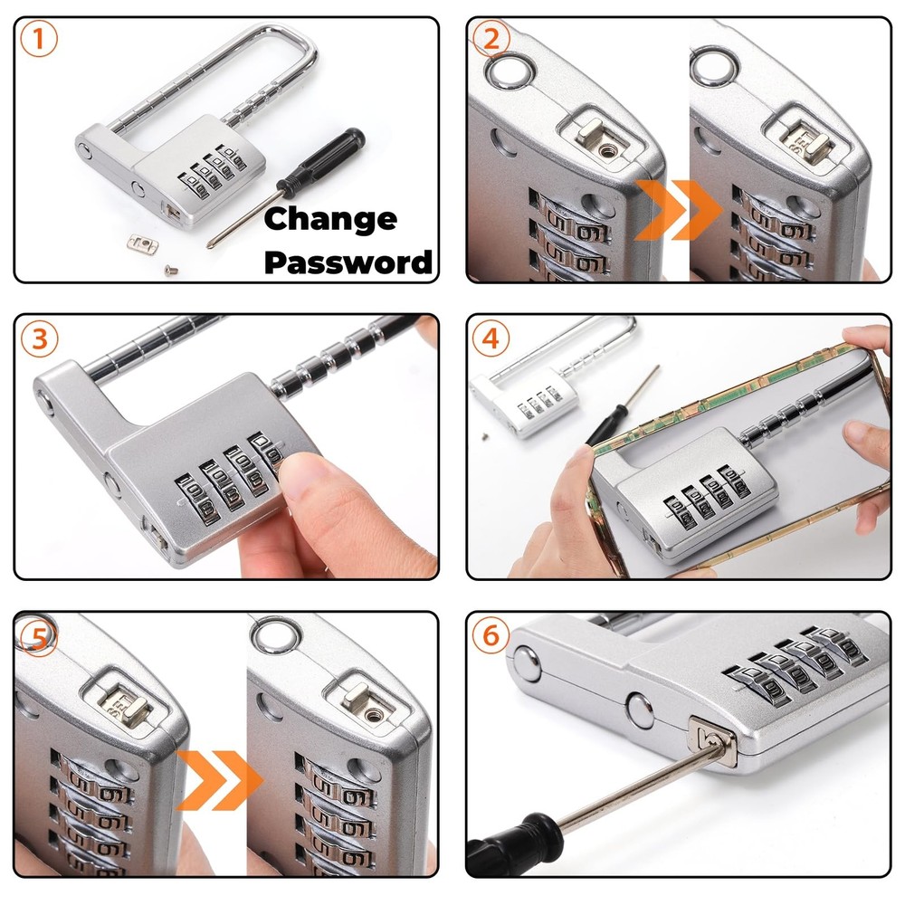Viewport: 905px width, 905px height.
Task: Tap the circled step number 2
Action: click(491, 40)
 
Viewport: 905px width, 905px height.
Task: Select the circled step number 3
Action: click(40, 338)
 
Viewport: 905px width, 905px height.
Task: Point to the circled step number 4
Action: click(491, 338)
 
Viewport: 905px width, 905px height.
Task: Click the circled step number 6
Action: click(491, 636)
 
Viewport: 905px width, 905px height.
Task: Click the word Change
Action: click(329, 219)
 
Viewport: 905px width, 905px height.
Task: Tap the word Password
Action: click(348, 262)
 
